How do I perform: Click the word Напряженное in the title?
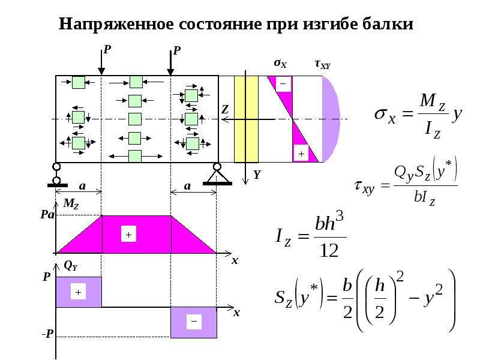click(x=116, y=24)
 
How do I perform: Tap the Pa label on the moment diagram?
click(x=47, y=215)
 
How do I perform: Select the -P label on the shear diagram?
click(x=48, y=334)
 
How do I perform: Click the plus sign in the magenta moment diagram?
click(x=128, y=235)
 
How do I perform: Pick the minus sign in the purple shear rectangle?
click(x=194, y=322)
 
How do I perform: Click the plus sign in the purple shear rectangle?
click(x=78, y=292)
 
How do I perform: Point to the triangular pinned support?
click(x=217, y=175)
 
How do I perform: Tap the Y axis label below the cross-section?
click(x=257, y=175)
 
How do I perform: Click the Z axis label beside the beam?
click(x=224, y=109)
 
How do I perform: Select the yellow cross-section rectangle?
click(x=246, y=119)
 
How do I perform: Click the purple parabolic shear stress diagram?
click(x=331, y=119)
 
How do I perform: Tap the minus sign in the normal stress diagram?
click(x=283, y=83)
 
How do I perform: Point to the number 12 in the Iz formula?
click(x=329, y=251)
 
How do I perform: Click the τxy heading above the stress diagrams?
click(x=323, y=64)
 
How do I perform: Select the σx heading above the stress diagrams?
click(x=280, y=64)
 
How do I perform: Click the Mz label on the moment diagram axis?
click(x=71, y=203)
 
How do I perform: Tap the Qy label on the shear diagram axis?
click(x=70, y=266)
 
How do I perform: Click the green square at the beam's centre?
click(x=134, y=119)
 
